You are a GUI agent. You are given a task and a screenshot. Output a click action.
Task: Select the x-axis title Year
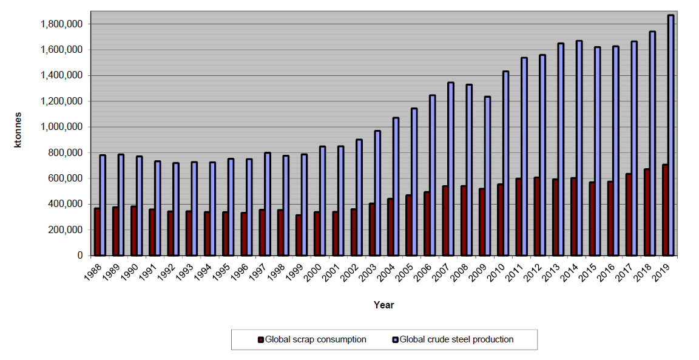pos(383,305)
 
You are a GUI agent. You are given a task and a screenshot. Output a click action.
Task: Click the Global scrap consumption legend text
pos(316,339)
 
